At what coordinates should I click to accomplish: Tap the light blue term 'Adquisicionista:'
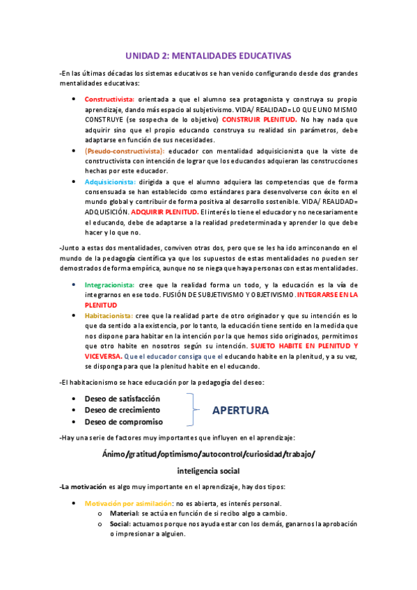pos(111,182)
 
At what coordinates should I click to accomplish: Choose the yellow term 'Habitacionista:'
pos(109,315)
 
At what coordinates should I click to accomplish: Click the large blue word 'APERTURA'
pos(240,410)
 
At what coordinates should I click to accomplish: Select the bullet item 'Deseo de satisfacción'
pos(122,399)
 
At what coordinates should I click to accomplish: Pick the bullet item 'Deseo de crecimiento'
pos(120,410)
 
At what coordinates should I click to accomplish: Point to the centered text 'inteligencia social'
pos(208,470)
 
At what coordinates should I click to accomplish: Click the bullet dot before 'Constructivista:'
pos(75,99)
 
